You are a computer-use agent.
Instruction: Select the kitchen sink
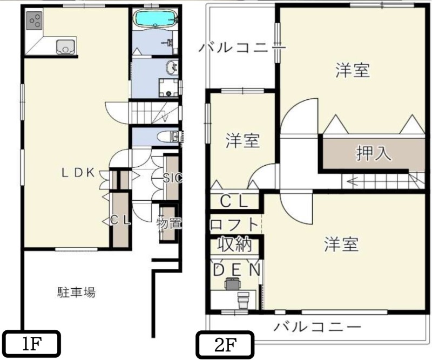pos(65,46)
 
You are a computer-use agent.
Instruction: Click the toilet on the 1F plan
pos(162,137)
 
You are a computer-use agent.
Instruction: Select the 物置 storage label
pos(169,222)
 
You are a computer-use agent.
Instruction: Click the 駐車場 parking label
pos(77,293)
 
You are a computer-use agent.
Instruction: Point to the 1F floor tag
pos(32,343)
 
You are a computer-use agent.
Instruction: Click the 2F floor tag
pos(224,343)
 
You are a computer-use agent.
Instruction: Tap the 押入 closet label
pos(373,153)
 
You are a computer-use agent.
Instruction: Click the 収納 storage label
pos(234,244)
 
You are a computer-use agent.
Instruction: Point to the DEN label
pos(236,269)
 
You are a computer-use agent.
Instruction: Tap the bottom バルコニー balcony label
pos(316,327)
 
